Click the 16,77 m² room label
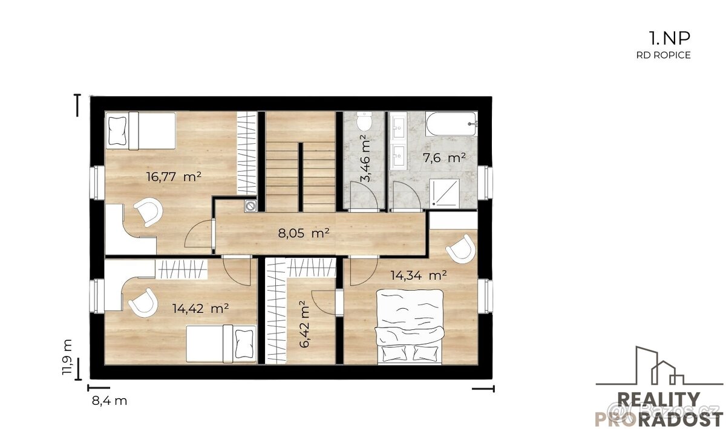click(x=174, y=177)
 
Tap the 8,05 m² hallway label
click(x=304, y=233)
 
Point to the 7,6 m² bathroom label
click(x=444, y=158)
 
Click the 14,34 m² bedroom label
click(x=419, y=275)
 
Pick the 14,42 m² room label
click(x=201, y=308)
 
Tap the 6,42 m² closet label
click(x=305, y=324)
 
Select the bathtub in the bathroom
click(x=451, y=124)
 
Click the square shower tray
click(x=444, y=193)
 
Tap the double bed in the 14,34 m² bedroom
click(x=410, y=326)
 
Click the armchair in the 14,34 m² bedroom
click(x=461, y=249)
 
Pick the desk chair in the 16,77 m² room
click(x=148, y=211)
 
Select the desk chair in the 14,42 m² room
click(x=143, y=302)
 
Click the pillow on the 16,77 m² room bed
click(x=117, y=131)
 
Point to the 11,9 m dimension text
click(x=67, y=357)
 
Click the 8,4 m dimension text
click(x=110, y=401)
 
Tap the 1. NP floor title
click(x=669, y=38)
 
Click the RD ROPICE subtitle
click(x=664, y=55)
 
